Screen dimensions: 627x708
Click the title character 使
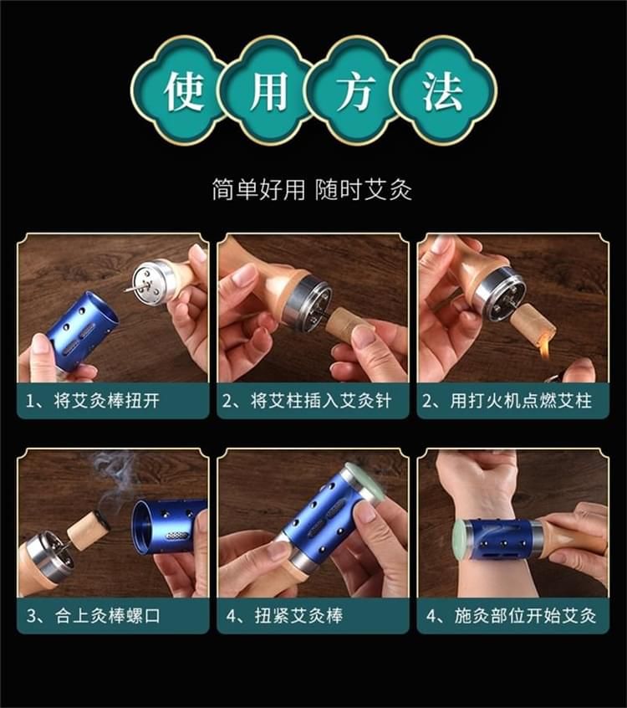183,91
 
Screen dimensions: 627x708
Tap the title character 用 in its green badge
269,91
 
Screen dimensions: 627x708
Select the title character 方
356,91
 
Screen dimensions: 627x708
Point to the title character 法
442,91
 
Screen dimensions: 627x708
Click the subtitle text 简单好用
258,189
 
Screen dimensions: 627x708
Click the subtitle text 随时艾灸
364,189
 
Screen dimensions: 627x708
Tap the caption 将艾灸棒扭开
107,401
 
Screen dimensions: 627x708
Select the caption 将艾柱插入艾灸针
321,401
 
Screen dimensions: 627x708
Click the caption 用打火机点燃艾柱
521,401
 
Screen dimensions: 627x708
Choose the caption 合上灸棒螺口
108,616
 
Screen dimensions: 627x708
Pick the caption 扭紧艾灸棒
299,616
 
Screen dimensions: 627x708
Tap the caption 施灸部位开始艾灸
526,616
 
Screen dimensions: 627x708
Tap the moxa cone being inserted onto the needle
344,322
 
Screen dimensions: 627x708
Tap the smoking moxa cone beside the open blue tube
89,528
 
